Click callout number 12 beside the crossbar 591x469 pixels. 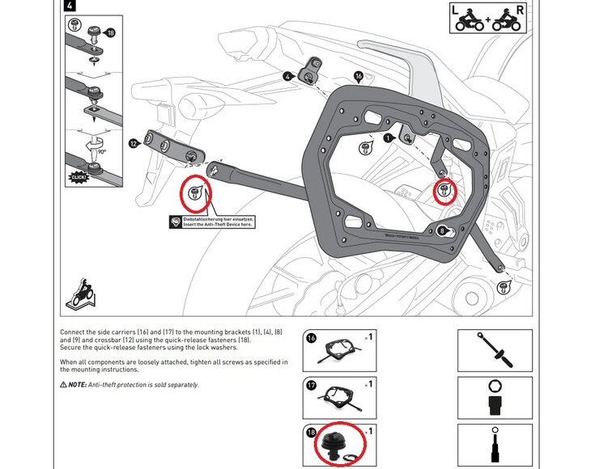click(133, 143)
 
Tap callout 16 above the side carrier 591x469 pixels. click(359, 77)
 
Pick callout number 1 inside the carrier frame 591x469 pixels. click(387, 138)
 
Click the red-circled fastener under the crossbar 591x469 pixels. click(197, 193)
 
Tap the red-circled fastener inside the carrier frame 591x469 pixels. click(444, 192)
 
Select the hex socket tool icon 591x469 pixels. click(493, 399)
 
